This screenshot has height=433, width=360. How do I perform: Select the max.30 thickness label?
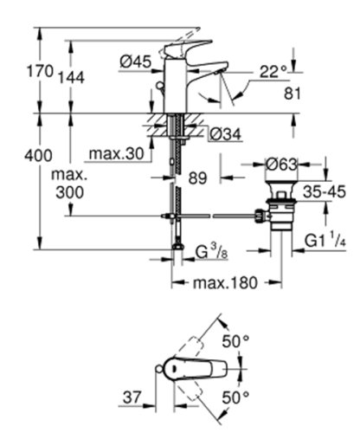tap(114, 153)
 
